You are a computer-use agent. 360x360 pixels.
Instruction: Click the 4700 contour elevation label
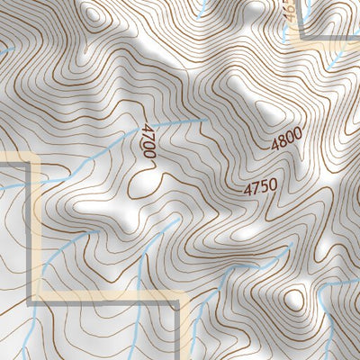(x=148, y=142)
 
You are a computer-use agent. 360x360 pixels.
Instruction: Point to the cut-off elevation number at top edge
(x=288, y=11)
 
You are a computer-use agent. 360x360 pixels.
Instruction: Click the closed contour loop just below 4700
(x=142, y=185)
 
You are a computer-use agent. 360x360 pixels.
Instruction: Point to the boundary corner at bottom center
(x=176, y=299)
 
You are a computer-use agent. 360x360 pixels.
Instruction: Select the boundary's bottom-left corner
(x=36, y=297)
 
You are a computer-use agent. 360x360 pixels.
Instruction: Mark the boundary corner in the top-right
(x=300, y=34)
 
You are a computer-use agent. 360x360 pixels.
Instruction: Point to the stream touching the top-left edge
(x=4, y=51)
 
